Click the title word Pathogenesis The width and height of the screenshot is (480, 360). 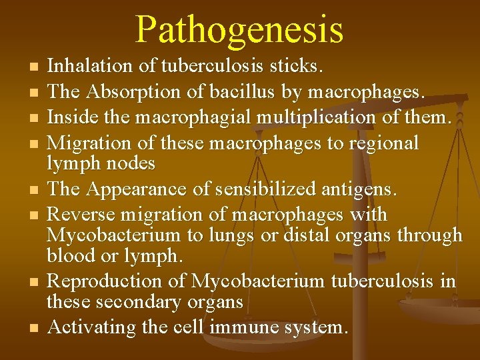[239, 29]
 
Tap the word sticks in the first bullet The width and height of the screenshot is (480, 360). [296, 66]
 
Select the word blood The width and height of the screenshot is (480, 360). [69, 255]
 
